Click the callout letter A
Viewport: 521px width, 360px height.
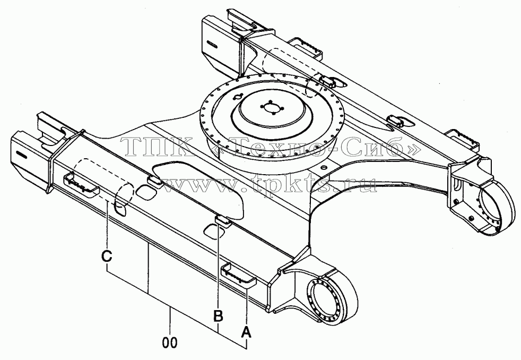point(246,331)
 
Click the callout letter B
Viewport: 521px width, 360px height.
point(218,316)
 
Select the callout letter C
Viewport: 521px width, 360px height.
point(107,257)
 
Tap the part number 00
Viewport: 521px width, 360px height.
point(170,342)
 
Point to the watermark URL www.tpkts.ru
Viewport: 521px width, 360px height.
point(269,185)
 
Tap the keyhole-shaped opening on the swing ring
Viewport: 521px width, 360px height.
point(238,97)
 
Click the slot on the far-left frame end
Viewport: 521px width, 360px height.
point(211,44)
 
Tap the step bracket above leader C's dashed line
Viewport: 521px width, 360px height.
point(81,183)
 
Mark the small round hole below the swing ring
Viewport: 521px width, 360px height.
point(325,168)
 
